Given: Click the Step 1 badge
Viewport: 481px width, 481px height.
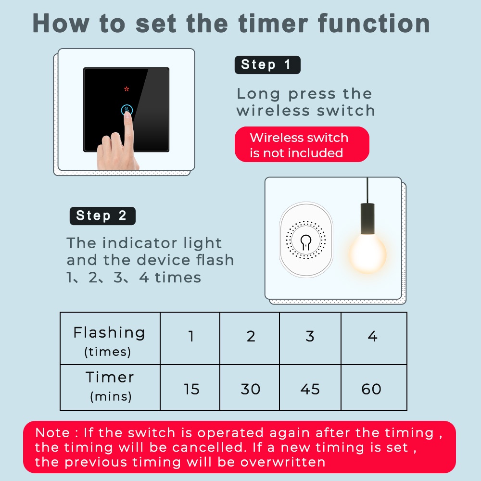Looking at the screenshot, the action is coord(267,65).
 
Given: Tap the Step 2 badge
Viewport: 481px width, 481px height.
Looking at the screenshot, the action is coord(102,215).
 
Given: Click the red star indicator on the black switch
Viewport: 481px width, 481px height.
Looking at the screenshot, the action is coord(127,89).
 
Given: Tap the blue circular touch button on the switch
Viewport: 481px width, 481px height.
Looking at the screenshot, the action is coord(127,110).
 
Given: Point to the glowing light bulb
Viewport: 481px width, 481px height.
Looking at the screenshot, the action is coord(367,253).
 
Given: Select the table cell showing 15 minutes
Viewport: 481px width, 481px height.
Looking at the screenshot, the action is coord(190,387).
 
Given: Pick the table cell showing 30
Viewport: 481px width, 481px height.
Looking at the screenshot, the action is coord(250,387).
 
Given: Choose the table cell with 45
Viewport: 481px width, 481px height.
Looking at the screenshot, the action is coord(310,387).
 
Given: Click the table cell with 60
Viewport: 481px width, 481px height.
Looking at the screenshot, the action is coord(374,387).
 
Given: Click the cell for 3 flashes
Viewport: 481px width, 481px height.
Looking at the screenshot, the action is coord(310,339).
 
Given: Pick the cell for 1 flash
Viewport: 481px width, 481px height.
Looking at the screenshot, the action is coord(190,339).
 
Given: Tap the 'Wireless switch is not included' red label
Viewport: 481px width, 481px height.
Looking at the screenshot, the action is coord(302,144).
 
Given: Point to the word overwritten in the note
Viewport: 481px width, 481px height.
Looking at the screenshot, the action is coord(283,462).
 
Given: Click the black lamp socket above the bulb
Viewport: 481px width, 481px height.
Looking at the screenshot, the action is coord(367,219).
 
